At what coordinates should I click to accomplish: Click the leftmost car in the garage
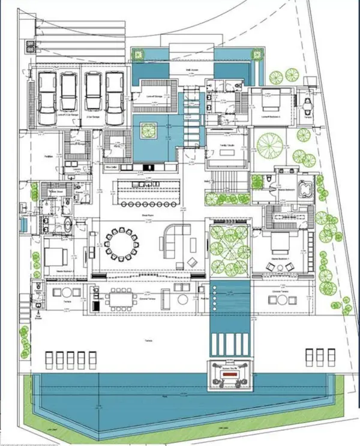pyautogui.click(x=48, y=94)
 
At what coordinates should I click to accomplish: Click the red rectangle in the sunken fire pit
pyautogui.click(x=229, y=372)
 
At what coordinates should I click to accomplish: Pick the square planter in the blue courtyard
pyautogui.click(x=149, y=128)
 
